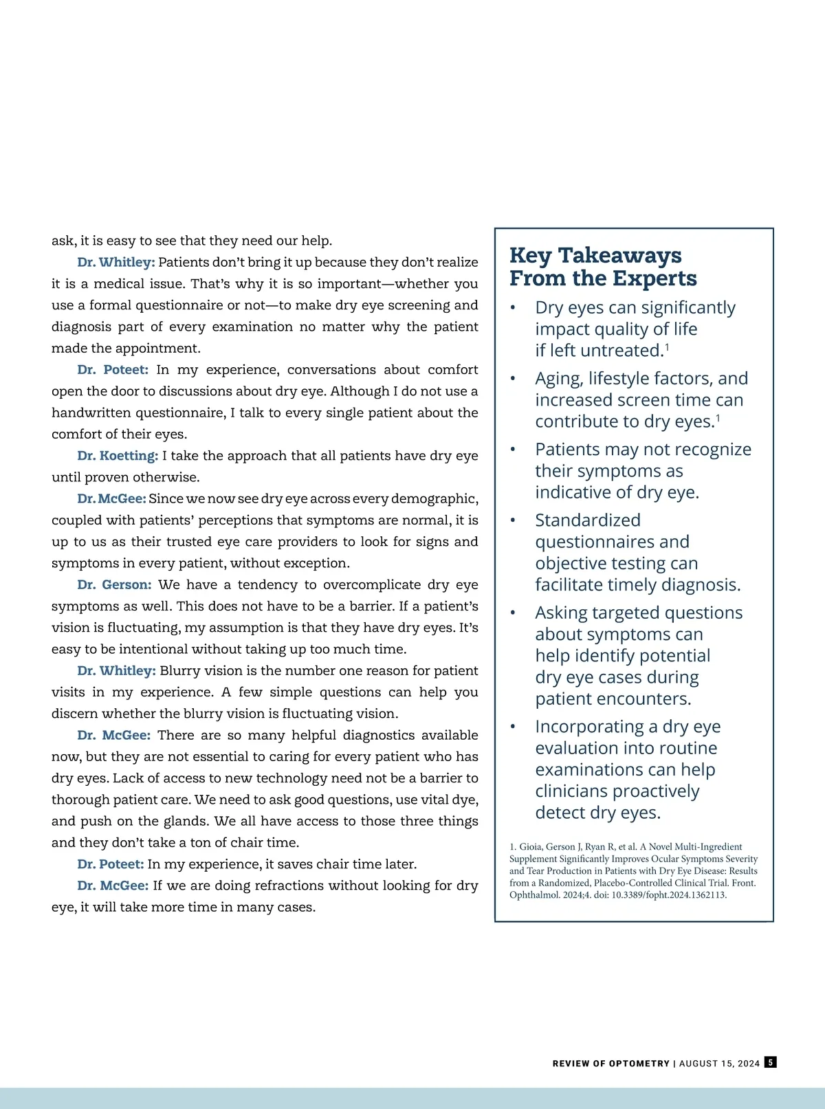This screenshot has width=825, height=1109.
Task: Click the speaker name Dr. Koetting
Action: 118,456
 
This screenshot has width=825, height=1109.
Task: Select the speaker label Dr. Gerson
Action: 114,584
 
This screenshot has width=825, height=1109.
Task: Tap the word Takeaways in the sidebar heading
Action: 619,255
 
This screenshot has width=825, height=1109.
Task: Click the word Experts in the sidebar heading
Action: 654,278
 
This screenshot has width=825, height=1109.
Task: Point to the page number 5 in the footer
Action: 771,1062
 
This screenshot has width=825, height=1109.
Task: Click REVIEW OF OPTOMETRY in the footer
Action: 610,1064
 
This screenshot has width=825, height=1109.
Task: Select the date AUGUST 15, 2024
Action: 720,1064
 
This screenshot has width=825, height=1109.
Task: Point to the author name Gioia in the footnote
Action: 530,847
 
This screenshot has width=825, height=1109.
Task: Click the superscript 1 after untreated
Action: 667,347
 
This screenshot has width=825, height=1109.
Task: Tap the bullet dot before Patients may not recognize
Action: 513,450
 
